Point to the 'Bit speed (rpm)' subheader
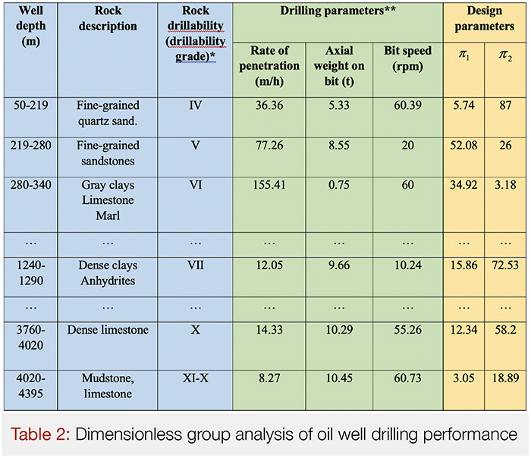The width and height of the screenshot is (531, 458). (x=407, y=58)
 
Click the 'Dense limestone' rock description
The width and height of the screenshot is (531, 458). (x=108, y=330)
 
